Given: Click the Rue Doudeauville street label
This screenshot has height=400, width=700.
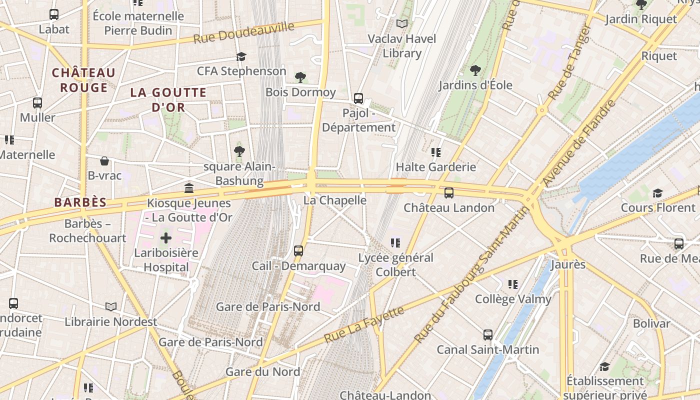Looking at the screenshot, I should pyautogui.click(x=243, y=32).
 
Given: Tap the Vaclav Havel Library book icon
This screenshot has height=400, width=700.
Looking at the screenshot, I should pyautogui.click(x=402, y=23).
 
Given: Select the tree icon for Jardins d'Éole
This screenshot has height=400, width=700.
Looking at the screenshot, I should pyautogui.click(x=475, y=70).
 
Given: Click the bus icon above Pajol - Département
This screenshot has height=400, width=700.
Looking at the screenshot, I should pyautogui.click(x=358, y=98).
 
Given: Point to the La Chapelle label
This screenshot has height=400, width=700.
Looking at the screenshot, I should pyautogui.click(x=335, y=200).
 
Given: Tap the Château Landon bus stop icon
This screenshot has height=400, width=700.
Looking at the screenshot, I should pyautogui.click(x=449, y=192).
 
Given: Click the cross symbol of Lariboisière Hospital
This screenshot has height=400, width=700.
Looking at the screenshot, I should pyautogui.click(x=166, y=238).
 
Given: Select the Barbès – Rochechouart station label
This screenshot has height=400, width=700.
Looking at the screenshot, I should pyautogui.click(x=87, y=230).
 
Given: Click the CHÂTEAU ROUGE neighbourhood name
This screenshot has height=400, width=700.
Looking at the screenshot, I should pyautogui.click(x=84, y=80).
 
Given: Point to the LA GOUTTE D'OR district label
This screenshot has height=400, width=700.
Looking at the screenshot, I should pyautogui.click(x=168, y=99).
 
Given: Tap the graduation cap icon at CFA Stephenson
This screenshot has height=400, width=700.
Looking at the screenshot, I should pyautogui.click(x=241, y=56).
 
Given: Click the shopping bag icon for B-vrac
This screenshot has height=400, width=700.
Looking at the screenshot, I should pyautogui.click(x=104, y=161).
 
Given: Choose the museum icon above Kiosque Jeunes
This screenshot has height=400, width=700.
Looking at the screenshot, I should pyautogui.click(x=189, y=188).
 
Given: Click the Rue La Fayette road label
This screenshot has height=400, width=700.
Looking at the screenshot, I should pyautogui.click(x=364, y=324).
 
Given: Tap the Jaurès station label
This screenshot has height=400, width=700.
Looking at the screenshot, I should pyautogui.click(x=568, y=264).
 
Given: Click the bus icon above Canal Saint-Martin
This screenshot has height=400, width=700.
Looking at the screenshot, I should pyautogui.click(x=488, y=334).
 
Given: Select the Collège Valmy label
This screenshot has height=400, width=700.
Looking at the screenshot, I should pyautogui.click(x=513, y=299).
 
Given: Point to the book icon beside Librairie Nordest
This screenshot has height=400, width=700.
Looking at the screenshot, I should pyautogui.click(x=111, y=306).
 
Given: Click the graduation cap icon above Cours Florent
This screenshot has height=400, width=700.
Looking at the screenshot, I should pyautogui.click(x=658, y=193).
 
